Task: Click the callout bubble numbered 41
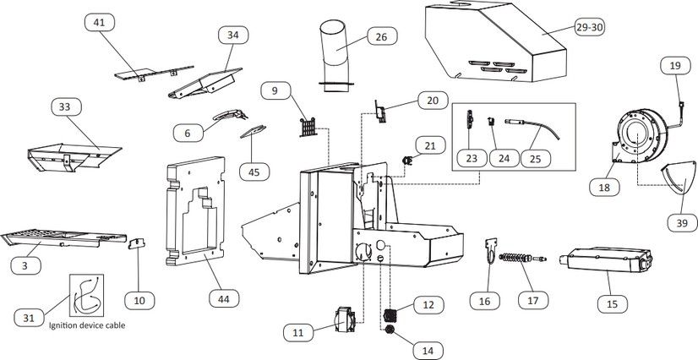[99, 22]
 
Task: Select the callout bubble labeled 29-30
[590, 27]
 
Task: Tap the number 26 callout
[382, 36]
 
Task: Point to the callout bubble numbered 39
[682, 222]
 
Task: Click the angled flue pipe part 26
[335, 56]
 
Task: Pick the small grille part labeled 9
[308, 128]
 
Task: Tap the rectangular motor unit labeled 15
[605, 259]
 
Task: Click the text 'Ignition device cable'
[87, 325]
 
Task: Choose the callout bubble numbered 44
[224, 298]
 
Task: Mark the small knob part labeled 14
[390, 330]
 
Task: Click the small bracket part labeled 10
[137, 243]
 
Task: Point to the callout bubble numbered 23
[472, 158]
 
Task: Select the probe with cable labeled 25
[532, 128]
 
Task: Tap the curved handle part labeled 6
[230, 115]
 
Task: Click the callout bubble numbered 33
[67, 106]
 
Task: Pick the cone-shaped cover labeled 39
[679, 178]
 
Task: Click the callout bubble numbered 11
[298, 332]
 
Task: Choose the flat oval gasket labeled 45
[253, 131]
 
